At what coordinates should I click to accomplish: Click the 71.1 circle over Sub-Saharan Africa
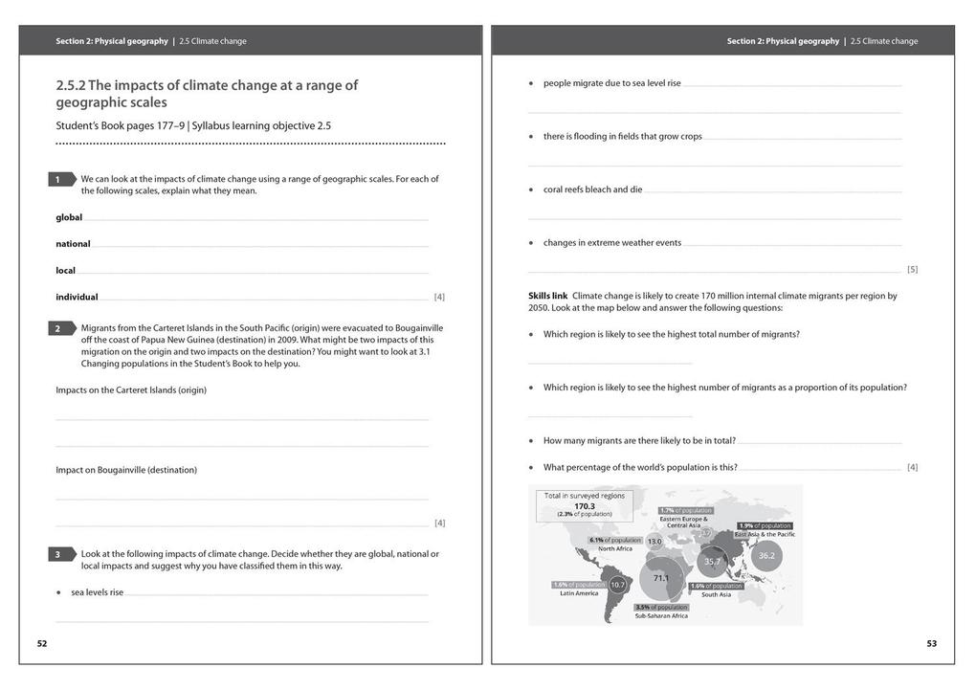660,579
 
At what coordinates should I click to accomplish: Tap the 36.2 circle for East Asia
766,555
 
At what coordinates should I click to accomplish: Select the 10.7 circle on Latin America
617,584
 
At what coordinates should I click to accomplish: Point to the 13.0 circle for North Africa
654,542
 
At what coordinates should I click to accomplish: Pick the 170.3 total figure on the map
585,505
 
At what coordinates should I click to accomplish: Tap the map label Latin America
579,594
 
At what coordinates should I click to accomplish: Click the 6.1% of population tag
609,540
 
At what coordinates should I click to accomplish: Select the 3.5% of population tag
661,607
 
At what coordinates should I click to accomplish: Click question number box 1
58,179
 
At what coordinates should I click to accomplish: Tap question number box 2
58,328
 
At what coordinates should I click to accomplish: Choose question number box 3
58,554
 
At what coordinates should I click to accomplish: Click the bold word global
69,217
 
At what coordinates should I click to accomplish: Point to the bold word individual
77,297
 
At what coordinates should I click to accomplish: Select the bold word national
73,244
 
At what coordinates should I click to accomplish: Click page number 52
42,644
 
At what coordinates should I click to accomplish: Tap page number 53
931,644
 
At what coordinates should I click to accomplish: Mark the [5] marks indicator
912,270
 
